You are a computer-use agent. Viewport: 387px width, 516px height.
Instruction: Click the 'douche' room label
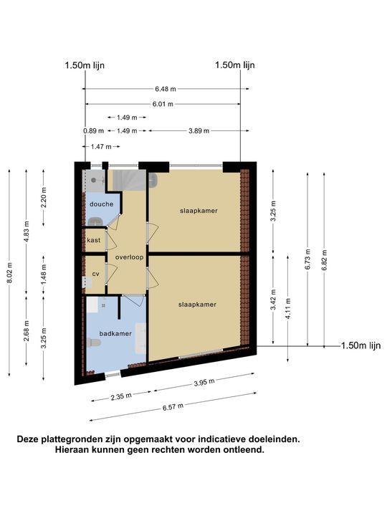point(96,204)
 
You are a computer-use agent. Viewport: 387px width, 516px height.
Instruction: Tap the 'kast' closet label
point(93,240)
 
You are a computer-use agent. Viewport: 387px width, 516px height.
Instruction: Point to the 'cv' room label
point(95,274)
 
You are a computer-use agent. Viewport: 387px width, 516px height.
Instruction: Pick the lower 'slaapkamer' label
point(197,305)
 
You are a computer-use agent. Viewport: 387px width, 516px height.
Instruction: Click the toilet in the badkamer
point(92,343)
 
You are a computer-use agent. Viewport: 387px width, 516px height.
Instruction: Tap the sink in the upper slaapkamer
point(153,179)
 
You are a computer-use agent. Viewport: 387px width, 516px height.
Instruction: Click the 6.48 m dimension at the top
point(166,90)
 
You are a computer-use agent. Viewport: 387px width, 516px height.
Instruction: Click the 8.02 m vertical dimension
point(10,273)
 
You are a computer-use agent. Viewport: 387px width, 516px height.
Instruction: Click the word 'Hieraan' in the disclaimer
point(74,451)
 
